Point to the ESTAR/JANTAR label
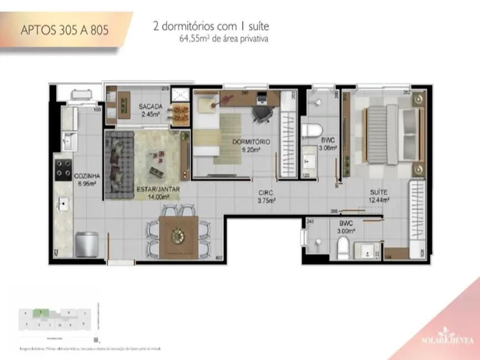pos(158,192)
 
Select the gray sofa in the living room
pos(117,166)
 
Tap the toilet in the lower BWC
pos(343,248)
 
